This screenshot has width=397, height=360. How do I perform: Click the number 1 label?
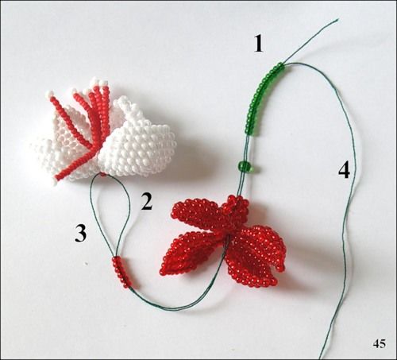click(259, 44)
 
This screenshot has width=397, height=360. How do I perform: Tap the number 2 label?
click(147, 201)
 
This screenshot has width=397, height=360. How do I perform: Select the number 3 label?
click(81, 233)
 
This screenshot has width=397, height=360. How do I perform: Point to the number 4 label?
click(344, 171)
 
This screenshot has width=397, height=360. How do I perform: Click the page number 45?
click(380, 344)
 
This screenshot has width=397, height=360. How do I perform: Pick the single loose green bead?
click(245, 166)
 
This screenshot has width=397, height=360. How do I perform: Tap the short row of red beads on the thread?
click(122, 273)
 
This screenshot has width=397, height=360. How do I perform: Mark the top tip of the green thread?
click(338, 19)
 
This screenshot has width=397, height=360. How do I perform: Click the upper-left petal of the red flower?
click(197, 212)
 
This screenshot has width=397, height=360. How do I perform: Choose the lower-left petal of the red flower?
click(188, 253)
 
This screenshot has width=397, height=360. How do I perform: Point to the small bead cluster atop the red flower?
click(236, 205)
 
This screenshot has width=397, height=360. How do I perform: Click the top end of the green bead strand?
click(281, 65)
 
